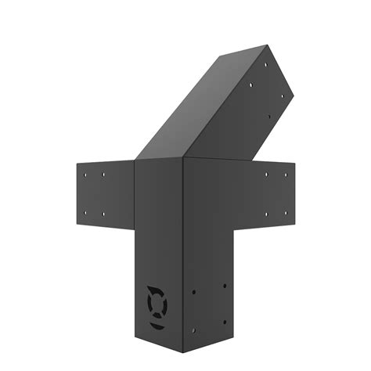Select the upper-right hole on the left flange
[104, 174]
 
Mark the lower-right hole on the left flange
[104, 211]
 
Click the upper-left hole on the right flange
[265, 175]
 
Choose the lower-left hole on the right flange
[265, 213]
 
